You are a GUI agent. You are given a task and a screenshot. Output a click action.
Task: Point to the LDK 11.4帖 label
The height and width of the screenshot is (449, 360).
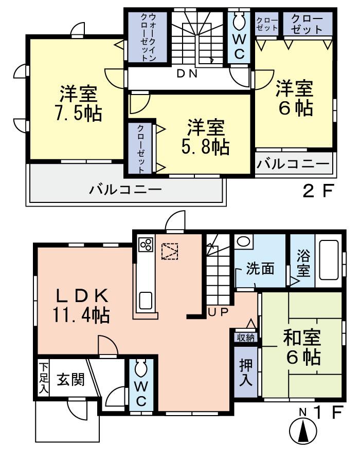82,305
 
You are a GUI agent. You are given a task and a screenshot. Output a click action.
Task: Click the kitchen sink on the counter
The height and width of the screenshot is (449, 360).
146,300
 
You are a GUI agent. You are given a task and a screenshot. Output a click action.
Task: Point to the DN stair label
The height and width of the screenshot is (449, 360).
187,73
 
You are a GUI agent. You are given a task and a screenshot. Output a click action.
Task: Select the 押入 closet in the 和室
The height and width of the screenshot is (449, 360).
245,370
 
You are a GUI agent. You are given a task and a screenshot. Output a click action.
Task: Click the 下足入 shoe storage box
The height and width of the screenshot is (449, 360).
44,378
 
